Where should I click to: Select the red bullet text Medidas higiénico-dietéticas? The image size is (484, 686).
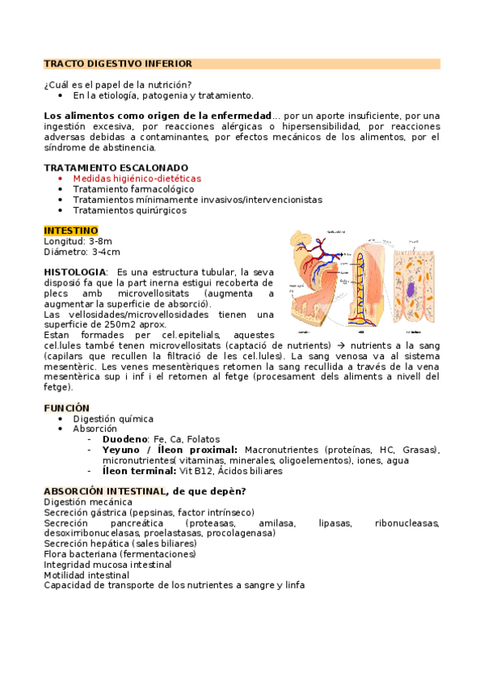pos(137,178)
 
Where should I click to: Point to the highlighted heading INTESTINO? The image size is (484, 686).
pos(71,231)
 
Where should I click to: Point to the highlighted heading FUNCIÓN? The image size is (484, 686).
pos(66,409)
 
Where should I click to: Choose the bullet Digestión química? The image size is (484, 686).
pos(112,419)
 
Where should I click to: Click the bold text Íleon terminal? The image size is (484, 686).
pos(139,471)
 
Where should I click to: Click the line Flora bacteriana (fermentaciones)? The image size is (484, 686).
pos(120,555)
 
